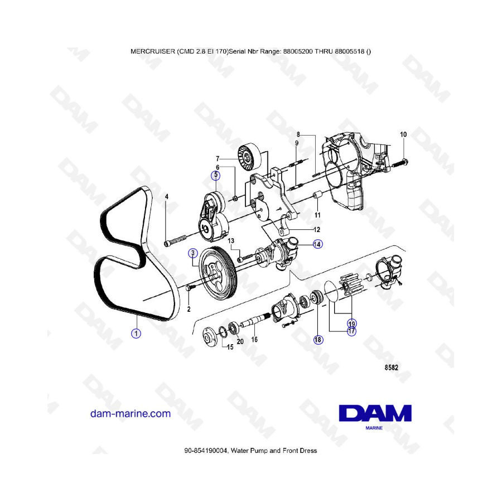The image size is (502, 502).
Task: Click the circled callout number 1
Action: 136,334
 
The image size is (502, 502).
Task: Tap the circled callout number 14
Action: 317,244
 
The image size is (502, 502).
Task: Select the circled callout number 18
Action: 318,340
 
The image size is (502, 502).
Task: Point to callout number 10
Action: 403,134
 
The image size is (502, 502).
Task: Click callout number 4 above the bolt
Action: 166,196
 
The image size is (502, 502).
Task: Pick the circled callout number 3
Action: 193,253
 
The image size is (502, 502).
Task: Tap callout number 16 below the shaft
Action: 254,339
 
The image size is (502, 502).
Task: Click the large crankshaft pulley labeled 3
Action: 218,272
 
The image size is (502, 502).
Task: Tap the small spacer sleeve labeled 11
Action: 317,196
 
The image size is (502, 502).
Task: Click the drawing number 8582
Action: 391,368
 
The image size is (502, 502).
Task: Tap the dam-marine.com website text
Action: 131,413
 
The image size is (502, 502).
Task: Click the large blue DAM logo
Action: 375,413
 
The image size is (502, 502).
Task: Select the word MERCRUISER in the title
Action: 153,51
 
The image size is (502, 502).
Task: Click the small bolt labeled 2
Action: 190,288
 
